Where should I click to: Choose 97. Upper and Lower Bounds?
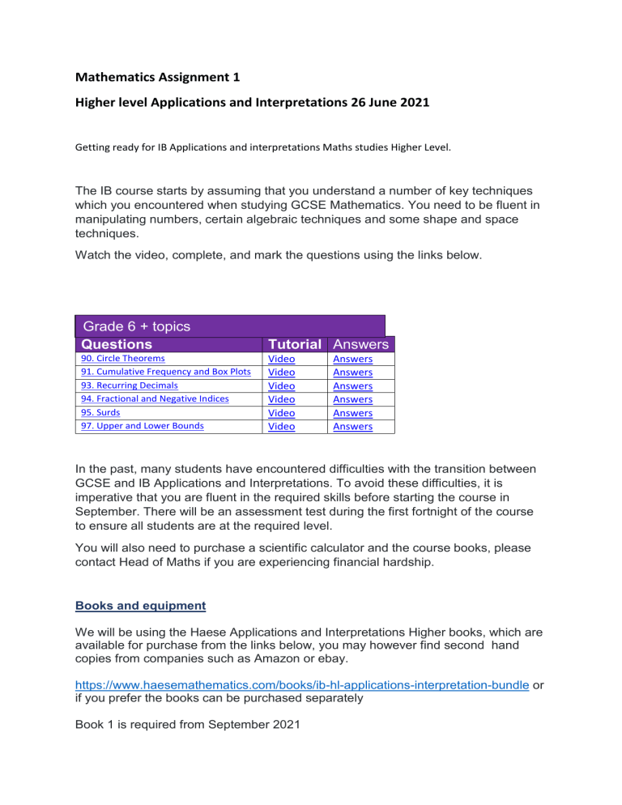[137, 426]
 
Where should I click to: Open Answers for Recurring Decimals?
[352, 385]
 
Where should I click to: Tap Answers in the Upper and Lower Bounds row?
[352, 426]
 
